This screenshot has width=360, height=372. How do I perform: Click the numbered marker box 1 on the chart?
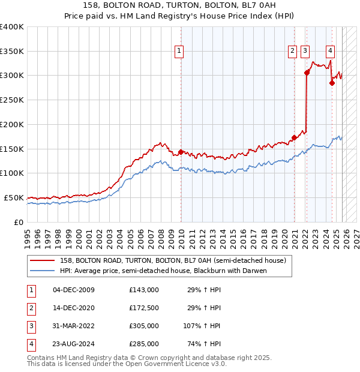tap(180, 52)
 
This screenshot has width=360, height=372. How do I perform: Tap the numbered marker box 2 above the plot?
tap(292, 52)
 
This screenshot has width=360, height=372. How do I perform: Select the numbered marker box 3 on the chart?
tap(305, 52)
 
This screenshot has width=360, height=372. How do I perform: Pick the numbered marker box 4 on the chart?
tap(331, 52)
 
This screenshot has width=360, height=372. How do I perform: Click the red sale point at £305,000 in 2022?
tap(307, 73)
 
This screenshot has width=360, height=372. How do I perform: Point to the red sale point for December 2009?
tap(181, 152)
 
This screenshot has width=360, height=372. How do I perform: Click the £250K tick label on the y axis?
tap(12, 100)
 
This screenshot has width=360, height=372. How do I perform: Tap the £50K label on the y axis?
tap(14, 197)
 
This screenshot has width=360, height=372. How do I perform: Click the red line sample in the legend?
tap(43, 261)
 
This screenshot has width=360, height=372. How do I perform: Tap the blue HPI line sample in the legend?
tap(43, 271)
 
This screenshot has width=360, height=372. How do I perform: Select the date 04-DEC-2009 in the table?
tap(74, 290)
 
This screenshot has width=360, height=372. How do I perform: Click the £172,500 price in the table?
tap(144, 308)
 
